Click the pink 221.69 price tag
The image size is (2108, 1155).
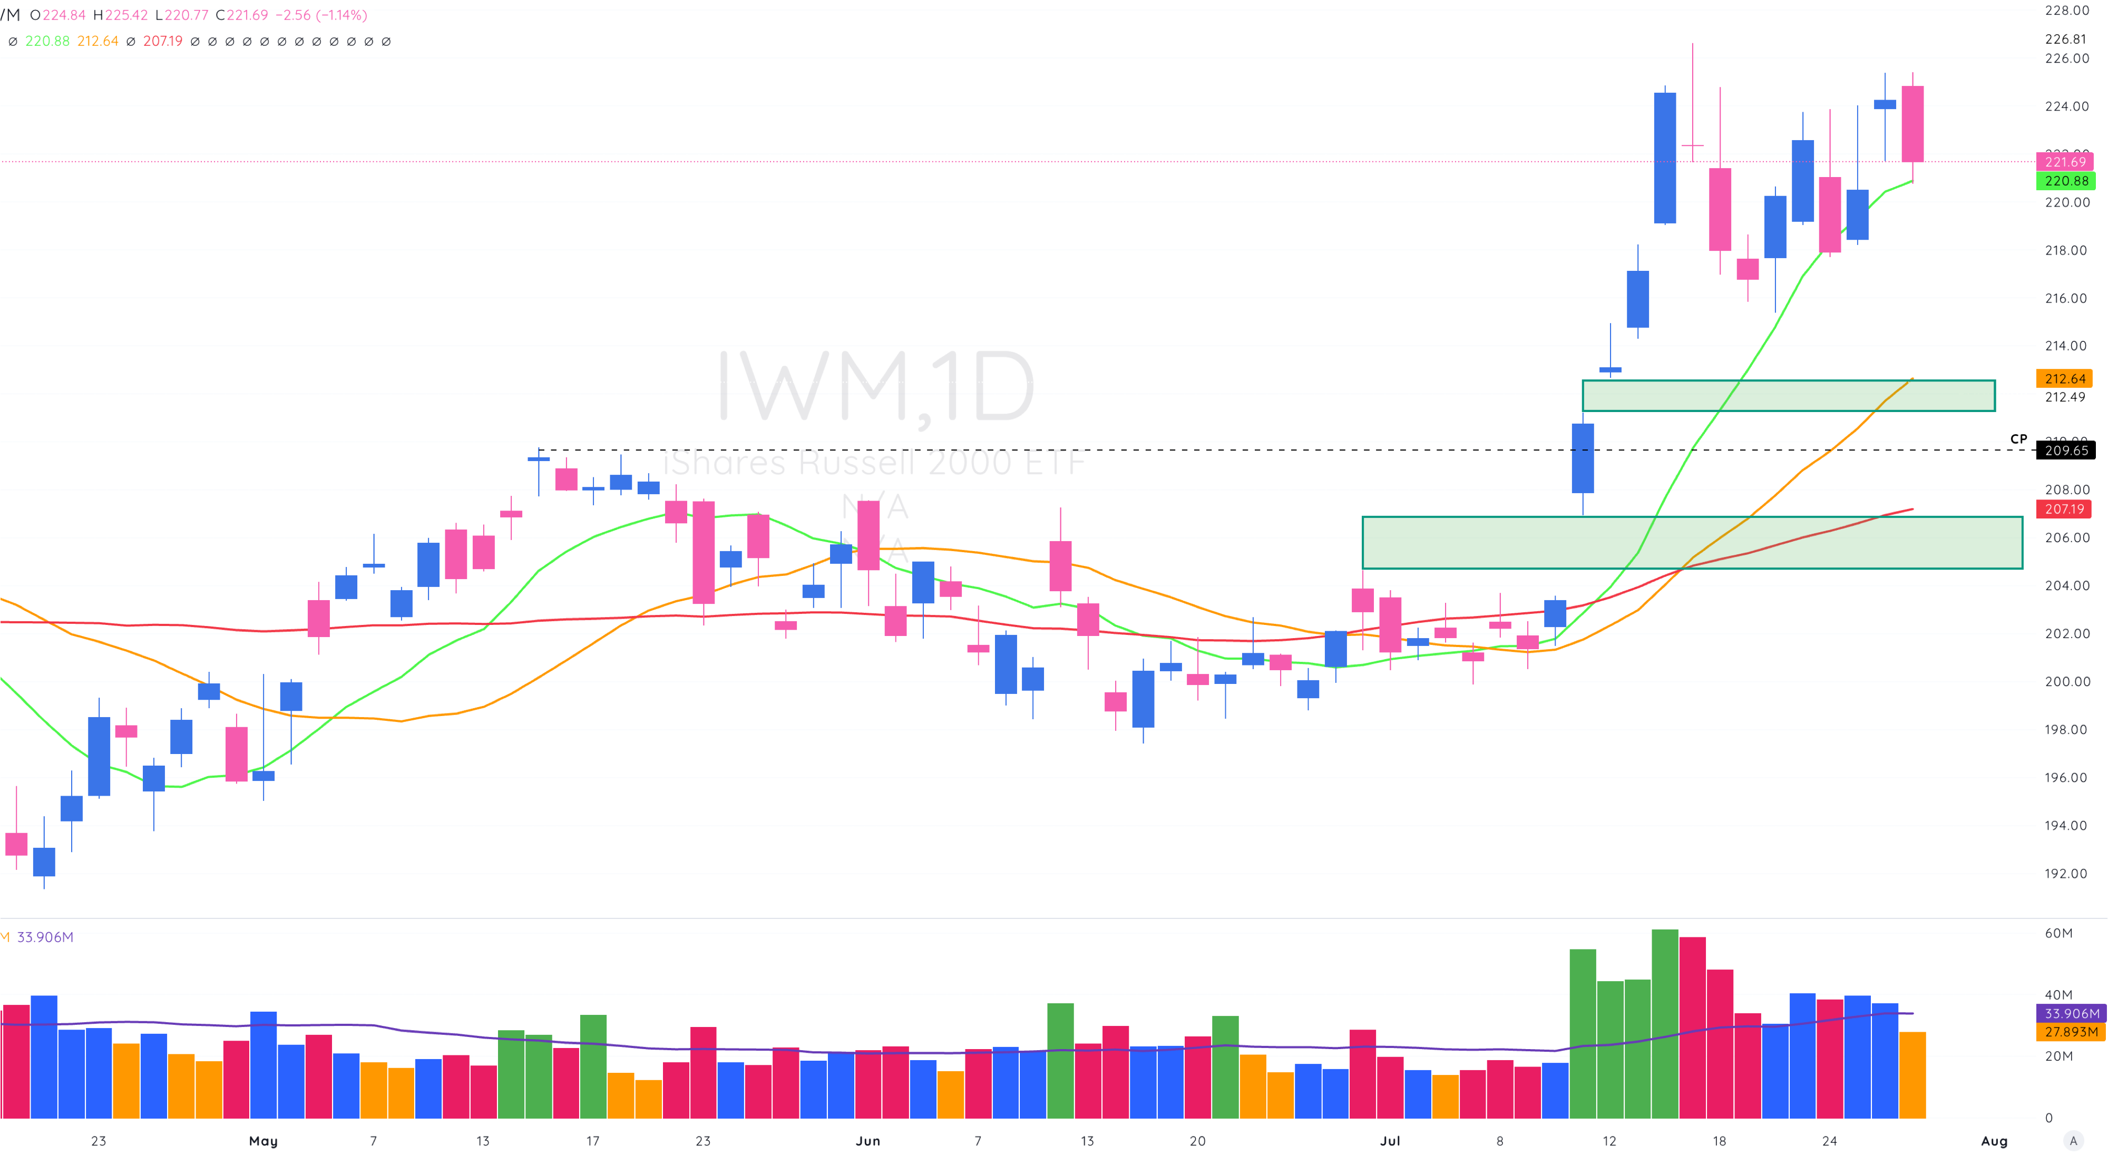tap(2065, 162)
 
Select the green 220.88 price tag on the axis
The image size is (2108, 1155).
tap(2065, 181)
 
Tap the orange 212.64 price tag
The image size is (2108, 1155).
tap(2065, 379)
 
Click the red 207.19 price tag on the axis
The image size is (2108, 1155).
tap(2065, 509)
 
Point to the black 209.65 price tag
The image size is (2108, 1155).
tap(2065, 451)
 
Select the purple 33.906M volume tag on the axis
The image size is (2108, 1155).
tap(2071, 1013)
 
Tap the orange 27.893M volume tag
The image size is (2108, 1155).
tap(2071, 1032)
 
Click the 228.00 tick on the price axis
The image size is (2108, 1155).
tap(2066, 11)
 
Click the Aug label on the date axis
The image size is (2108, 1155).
tap(1994, 1141)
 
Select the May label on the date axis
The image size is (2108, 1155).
tap(263, 1141)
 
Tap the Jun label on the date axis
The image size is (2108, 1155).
tap(867, 1141)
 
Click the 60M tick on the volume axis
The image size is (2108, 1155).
tap(2058, 933)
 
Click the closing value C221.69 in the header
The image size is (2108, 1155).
tap(241, 15)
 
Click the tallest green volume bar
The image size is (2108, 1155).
tap(1664, 1023)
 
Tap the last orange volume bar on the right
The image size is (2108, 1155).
tap(1912, 1075)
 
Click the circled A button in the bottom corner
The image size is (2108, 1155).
tap(2073, 1141)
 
